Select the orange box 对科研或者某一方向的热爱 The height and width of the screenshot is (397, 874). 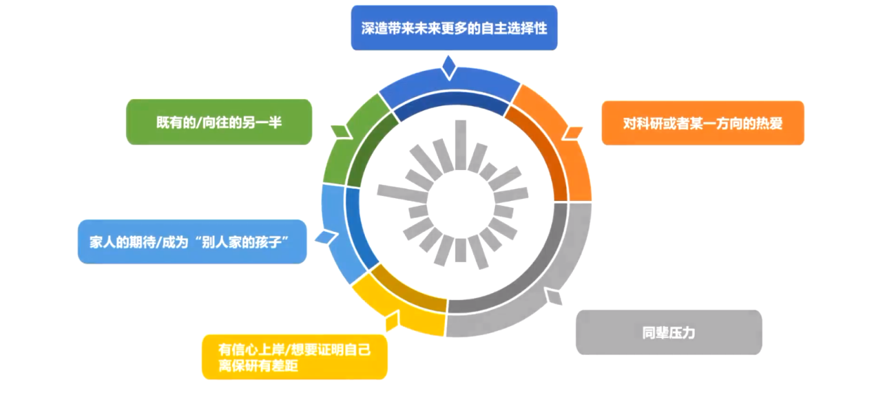703,123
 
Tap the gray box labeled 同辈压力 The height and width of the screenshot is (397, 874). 668,332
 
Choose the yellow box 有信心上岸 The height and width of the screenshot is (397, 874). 294,357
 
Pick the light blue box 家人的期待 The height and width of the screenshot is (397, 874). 191,242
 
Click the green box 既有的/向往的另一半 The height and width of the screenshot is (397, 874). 218,122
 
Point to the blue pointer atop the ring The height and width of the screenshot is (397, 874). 449,67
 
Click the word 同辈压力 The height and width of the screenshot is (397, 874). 668,333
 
